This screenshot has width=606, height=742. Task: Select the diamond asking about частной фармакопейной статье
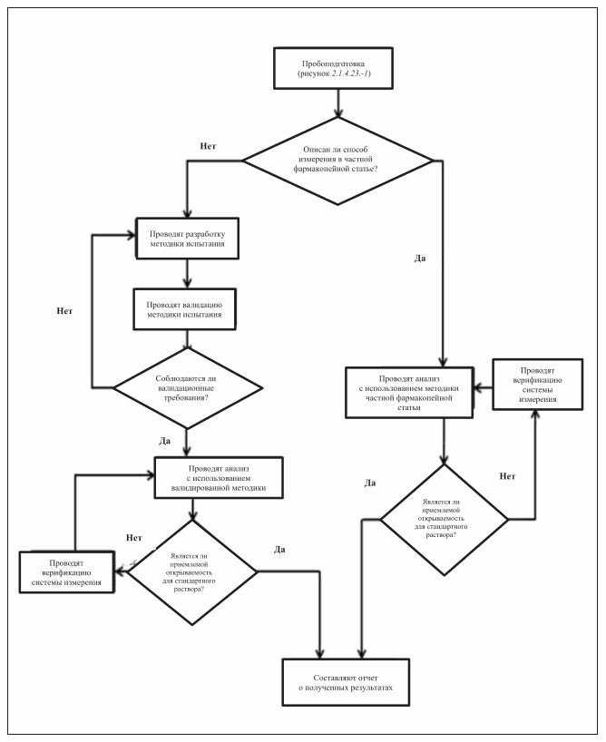click(338, 161)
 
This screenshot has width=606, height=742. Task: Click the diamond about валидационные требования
click(186, 388)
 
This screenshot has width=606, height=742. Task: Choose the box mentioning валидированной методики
click(218, 476)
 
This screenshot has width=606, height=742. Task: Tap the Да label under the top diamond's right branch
click(420, 259)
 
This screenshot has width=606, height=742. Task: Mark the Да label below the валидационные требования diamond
click(165, 441)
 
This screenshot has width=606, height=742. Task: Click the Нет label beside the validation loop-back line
click(64, 311)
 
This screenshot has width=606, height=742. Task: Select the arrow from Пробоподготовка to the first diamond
click(338, 103)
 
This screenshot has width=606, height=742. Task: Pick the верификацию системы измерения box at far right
click(533, 386)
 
